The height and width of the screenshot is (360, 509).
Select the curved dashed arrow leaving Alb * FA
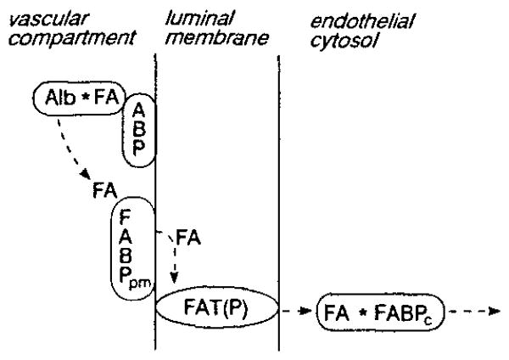[68, 144]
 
